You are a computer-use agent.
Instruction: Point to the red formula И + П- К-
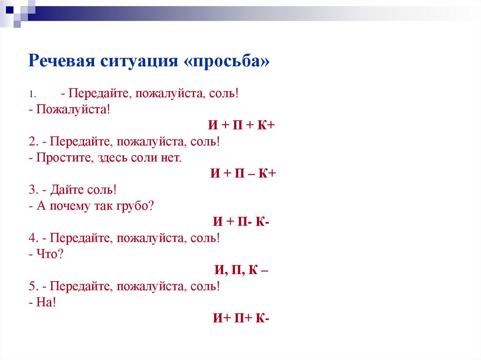[241, 222]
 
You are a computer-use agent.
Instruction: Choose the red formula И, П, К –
[241, 270]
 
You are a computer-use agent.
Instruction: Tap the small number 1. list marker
[31, 94]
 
